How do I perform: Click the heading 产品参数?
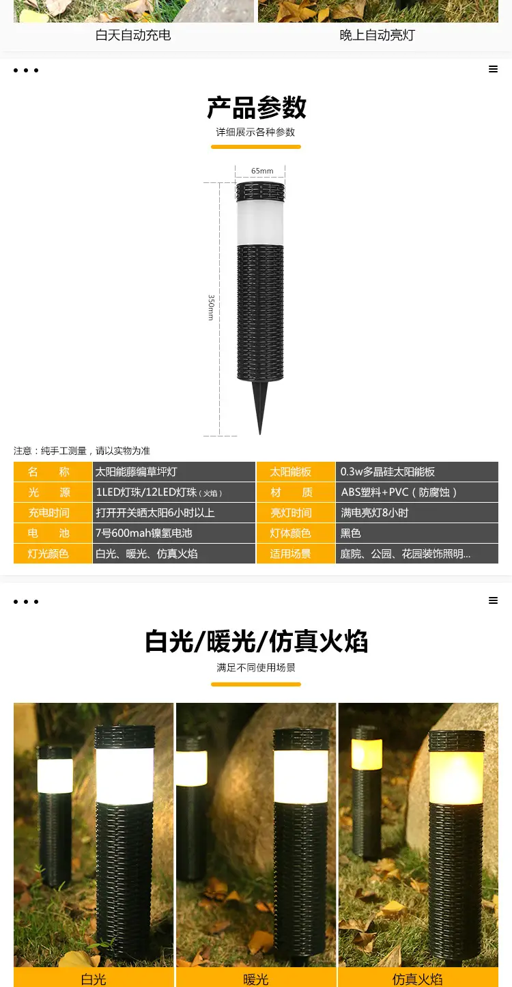pos(256,107)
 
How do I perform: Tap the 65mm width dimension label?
pos(262,171)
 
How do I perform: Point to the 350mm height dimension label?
pos(211,307)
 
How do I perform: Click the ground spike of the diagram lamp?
pos(260,407)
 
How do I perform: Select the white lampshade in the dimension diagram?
pos(260,223)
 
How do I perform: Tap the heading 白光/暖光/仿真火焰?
pos(256,641)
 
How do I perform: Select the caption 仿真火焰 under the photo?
pos(417,979)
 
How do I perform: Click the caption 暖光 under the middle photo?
pos(256,979)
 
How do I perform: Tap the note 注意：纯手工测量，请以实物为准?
pos(82,451)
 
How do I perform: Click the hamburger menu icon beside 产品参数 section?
pos(493,69)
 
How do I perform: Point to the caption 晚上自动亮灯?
pos(378,36)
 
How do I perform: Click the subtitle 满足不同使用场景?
pos(256,667)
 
